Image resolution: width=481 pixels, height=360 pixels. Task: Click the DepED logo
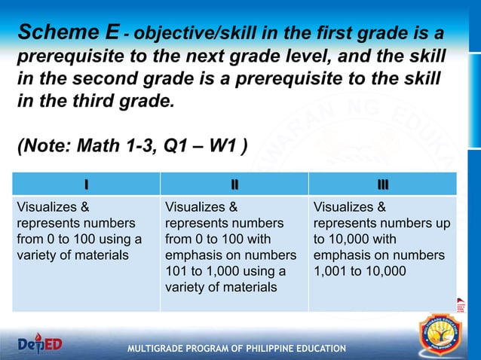(41, 343)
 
